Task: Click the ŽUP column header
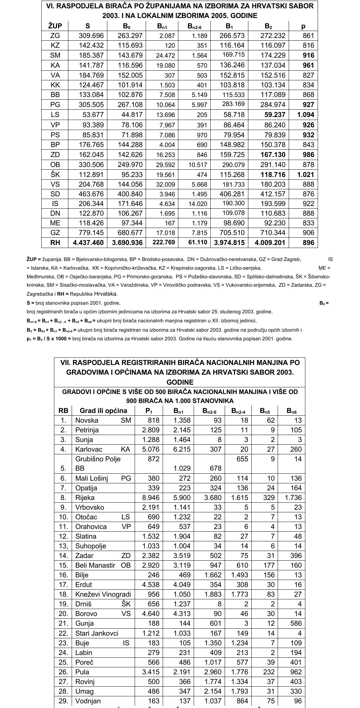tap(55, 26)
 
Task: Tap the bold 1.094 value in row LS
tap(306, 115)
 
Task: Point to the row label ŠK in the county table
tap(55, 175)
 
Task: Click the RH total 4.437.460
tap(88, 243)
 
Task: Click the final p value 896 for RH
tap(308, 243)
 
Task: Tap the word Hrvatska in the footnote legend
tap(106, 294)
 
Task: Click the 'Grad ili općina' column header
tap(103, 411)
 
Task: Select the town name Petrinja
tap(87, 430)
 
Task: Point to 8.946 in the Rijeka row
tap(151, 498)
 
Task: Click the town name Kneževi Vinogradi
tap(103, 594)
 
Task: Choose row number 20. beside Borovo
tap(63, 614)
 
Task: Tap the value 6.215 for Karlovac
tap(182, 449)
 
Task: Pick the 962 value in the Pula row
tap(295, 672)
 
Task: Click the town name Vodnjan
tap(88, 701)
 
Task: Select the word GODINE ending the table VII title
tap(180, 382)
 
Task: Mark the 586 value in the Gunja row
tap(295, 624)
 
